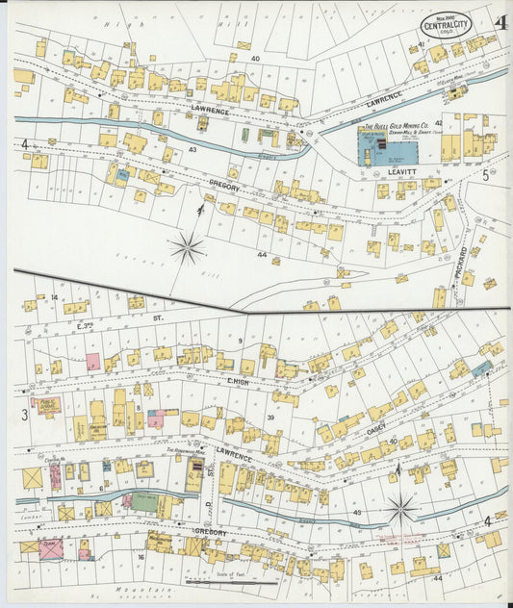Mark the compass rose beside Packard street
pos(188,248)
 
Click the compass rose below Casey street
pos(401,507)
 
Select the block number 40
pos(255,60)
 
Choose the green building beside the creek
pos(144,502)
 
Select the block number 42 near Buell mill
pos(438,123)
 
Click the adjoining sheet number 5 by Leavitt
pos(486,176)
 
